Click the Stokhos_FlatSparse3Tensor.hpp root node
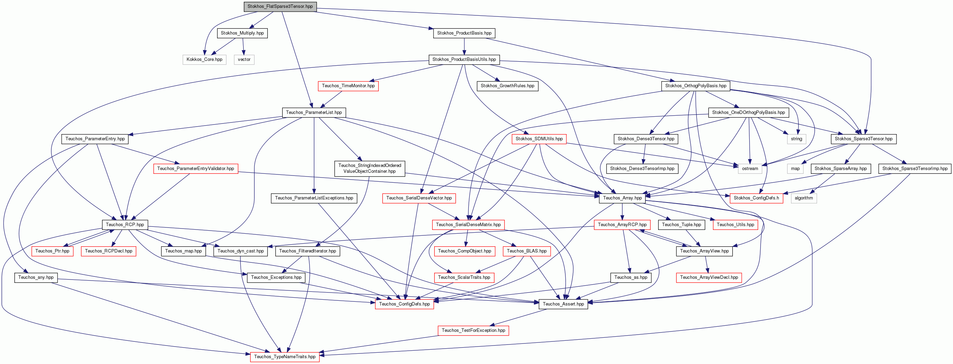(x=280, y=6)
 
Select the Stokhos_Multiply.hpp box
(x=242, y=33)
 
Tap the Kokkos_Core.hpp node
(x=204, y=60)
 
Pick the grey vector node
(x=244, y=60)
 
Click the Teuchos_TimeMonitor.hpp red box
(x=348, y=86)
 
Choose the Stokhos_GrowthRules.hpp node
(x=507, y=86)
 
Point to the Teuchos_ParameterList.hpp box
(x=314, y=112)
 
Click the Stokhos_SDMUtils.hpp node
(x=539, y=139)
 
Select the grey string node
(x=797, y=139)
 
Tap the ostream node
(x=750, y=169)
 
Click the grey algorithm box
(x=804, y=198)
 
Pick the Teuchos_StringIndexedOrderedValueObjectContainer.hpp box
(x=369, y=169)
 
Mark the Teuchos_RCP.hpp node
(x=125, y=225)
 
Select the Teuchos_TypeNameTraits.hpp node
(x=285, y=357)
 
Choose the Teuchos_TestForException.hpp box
(x=474, y=331)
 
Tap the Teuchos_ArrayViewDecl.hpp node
(x=709, y=277)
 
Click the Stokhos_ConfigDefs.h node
(x=756, y=198)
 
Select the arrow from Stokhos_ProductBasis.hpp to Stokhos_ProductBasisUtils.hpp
(x=464, y=47)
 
